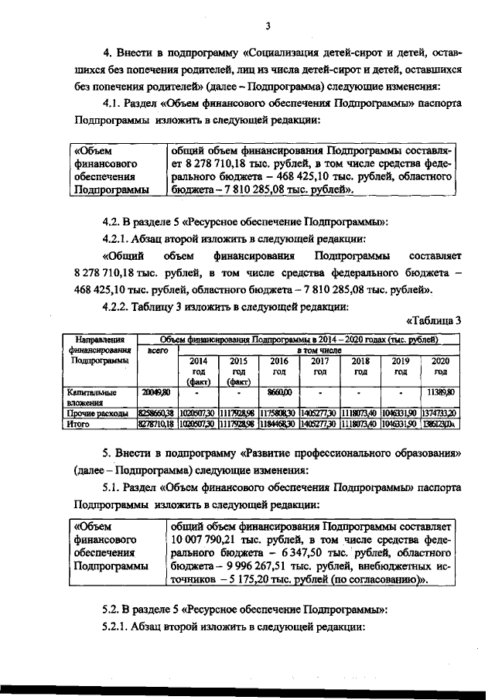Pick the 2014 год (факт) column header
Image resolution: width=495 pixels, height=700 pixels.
(x=198, y=370)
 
